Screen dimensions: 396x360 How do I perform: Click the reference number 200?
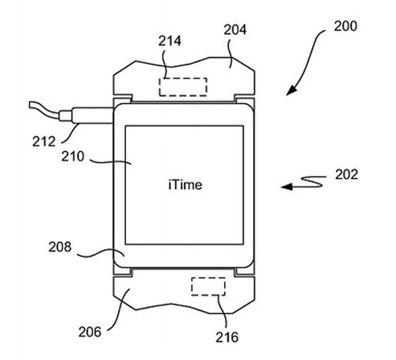345,26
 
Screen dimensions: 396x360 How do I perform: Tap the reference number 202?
347,175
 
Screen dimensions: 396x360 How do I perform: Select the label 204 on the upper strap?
235,30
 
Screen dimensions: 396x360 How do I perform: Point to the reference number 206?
89,332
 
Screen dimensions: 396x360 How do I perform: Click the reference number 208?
60,247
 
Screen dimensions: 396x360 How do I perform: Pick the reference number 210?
73,157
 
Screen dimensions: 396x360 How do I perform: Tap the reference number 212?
44,142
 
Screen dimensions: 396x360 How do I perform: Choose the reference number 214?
169,41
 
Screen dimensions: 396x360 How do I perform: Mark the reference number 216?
227,337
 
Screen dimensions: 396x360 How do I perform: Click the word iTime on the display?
185,184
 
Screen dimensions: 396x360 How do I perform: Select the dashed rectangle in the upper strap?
183,87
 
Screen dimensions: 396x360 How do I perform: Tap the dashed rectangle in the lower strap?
208,286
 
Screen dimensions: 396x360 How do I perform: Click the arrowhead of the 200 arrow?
291,91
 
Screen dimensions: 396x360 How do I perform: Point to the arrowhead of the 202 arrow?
287,187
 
